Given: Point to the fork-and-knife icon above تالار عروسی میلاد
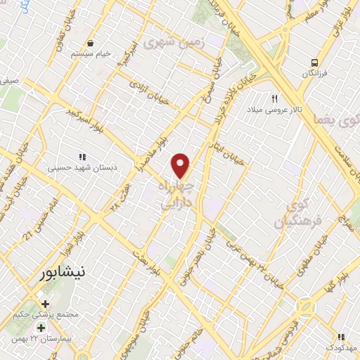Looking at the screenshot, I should (x=276, y=98).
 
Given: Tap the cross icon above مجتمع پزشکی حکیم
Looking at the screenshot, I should (x=46, y=304).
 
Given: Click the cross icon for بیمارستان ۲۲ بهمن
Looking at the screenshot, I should (x=41, y=328).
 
